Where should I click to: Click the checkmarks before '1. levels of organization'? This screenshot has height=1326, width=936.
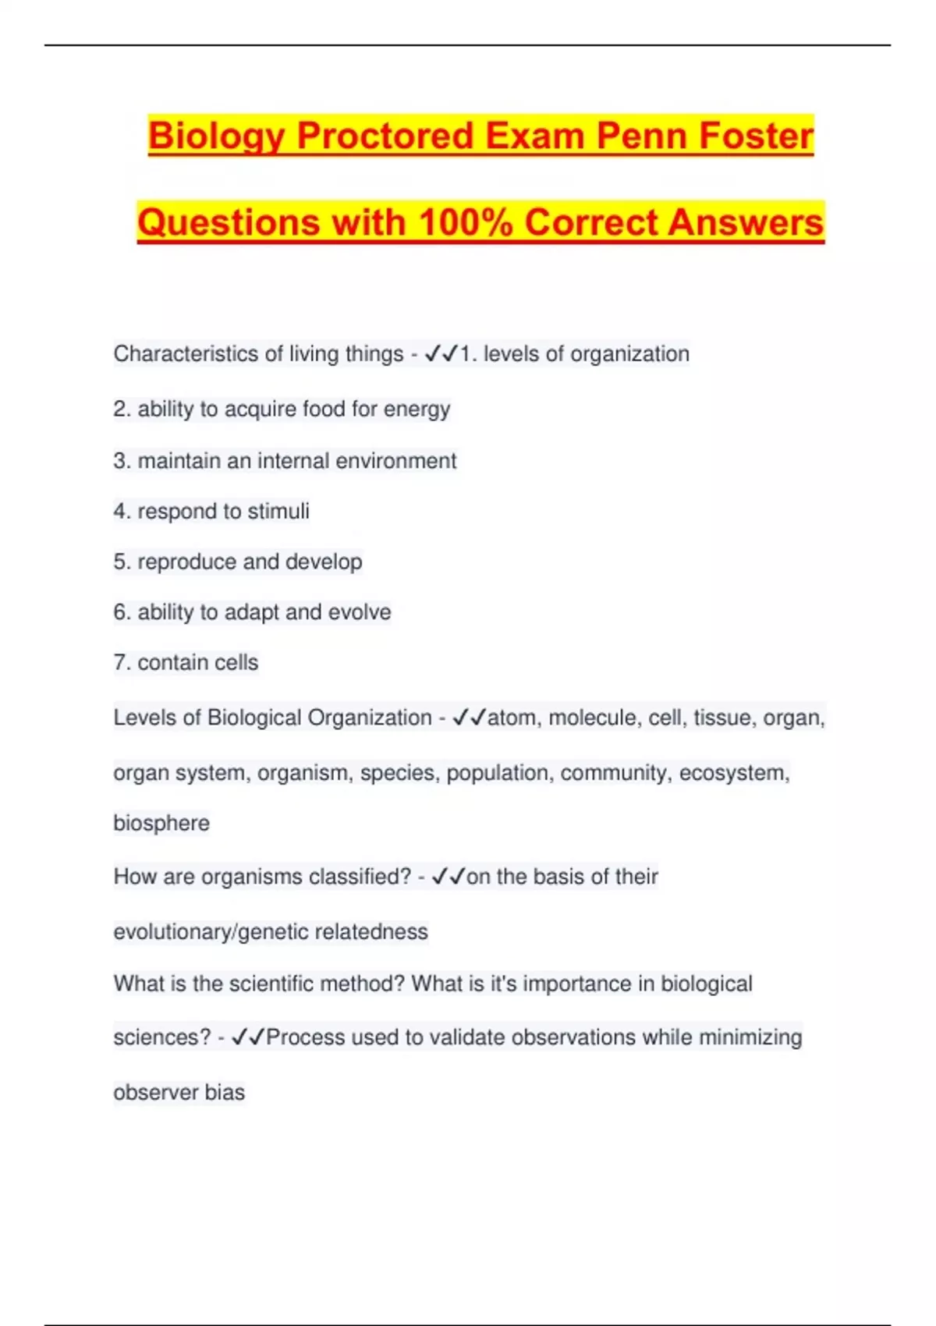point(441,354)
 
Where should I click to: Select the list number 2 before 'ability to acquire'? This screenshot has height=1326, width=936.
point(121,409)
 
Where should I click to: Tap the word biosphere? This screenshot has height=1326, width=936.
point(161,824)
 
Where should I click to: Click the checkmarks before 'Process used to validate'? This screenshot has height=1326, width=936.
point(249,1037)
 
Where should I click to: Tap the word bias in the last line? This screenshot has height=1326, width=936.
point(225,1093)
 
